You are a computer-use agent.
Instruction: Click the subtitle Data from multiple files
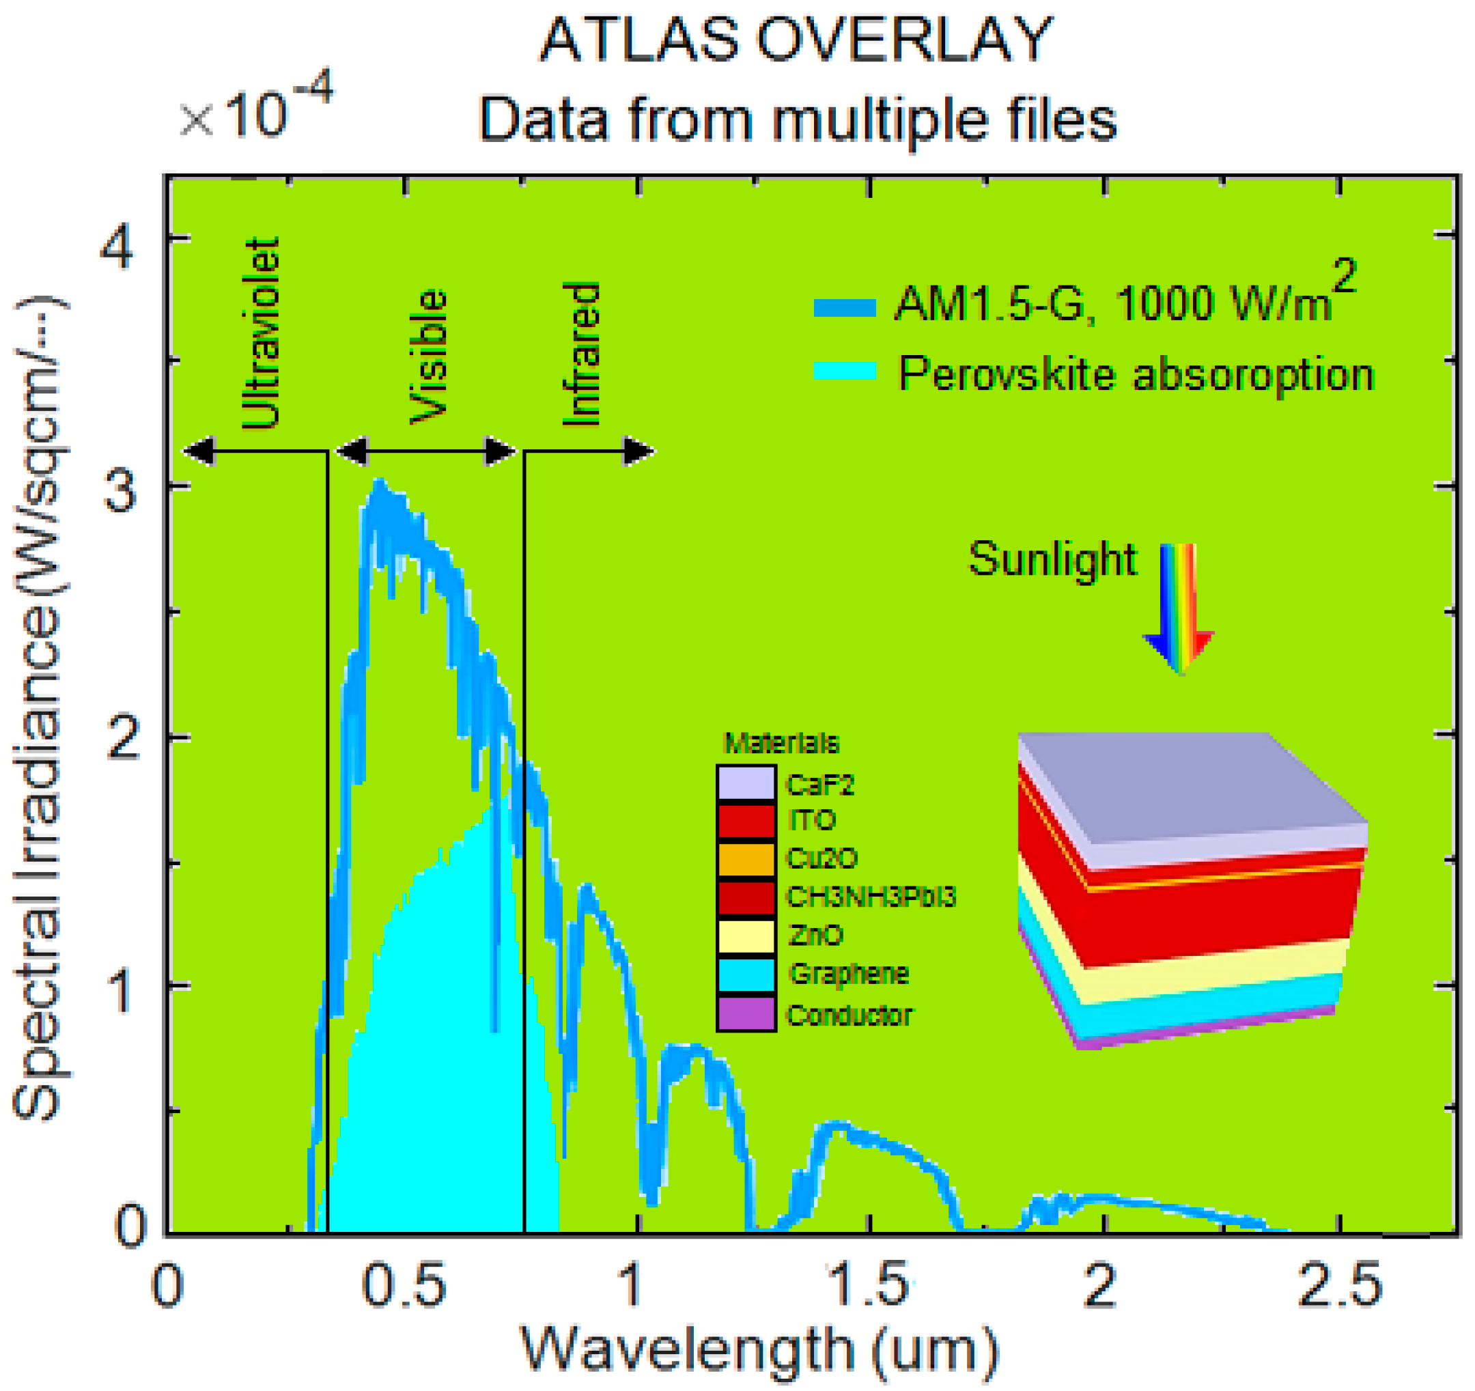click(x=797, y=119)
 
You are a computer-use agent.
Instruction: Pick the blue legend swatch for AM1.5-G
click(x=844, y=307)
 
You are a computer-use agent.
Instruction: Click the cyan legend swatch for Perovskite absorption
click(x=844, y=370)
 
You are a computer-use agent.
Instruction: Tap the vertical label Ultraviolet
click(x=261, y=334)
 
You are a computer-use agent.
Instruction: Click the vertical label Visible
click(x=429, y=356)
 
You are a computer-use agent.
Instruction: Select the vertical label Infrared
click(x=582, y=354)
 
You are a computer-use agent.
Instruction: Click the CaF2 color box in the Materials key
click(x=746, y=783)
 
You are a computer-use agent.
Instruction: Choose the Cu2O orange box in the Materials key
click(x=746, y=859)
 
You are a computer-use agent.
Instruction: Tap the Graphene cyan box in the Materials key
click(x=746, y=974)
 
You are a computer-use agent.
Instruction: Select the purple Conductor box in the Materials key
click(x=746, y=1013)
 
